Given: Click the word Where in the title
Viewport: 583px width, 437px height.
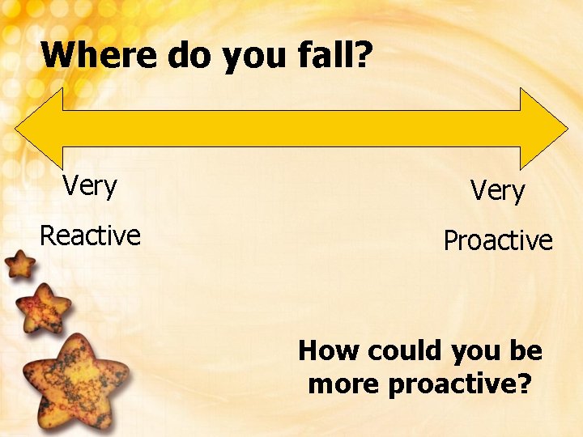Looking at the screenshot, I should point(100,55).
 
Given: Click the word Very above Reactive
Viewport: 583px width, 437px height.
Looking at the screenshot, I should point(90,186).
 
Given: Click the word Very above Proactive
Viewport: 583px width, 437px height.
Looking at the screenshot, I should point(497,191).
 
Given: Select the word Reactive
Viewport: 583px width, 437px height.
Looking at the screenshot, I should point(90,235).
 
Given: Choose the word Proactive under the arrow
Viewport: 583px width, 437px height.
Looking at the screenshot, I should point(498,240).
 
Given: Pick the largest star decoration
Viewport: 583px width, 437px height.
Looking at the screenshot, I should point(74,379).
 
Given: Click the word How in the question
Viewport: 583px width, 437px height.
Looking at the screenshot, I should point(329,350).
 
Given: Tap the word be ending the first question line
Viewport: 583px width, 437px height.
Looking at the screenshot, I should point(526,350).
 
